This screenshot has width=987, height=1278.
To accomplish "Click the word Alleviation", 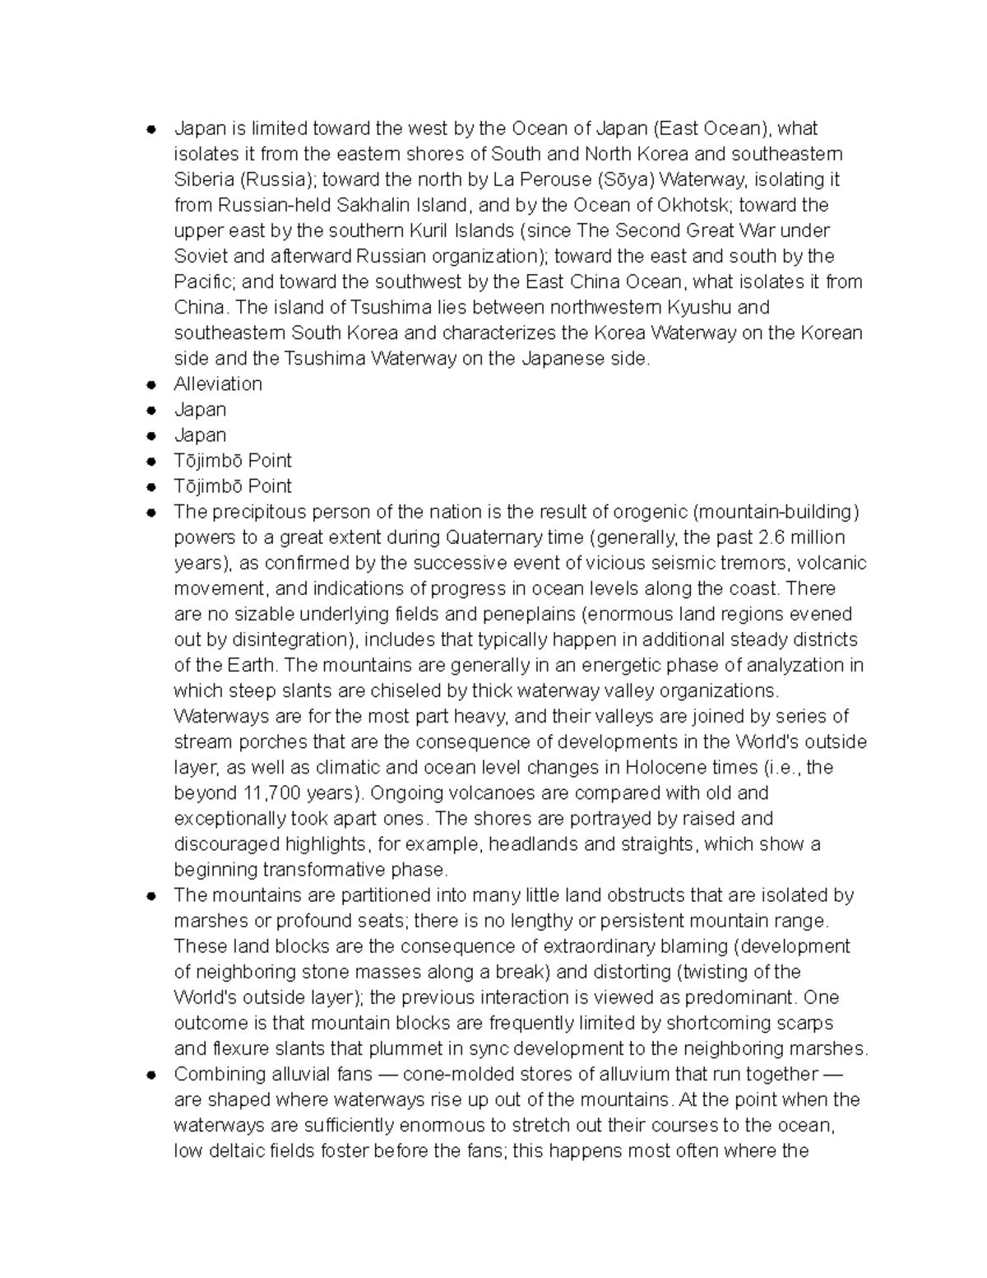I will point(218,384).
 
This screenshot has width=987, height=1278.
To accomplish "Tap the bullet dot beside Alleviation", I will point(151,385).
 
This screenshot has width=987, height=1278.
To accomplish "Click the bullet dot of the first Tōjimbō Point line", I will point(151,462).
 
